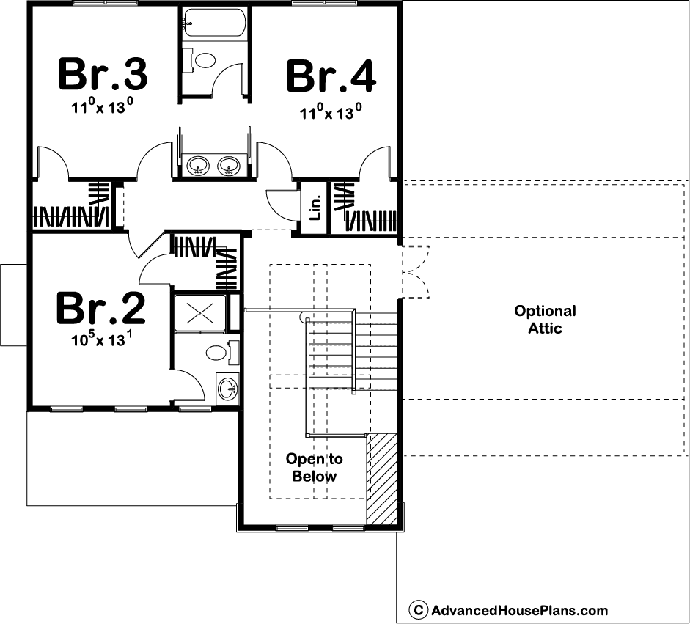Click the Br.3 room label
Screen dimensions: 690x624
(x=103, y=74)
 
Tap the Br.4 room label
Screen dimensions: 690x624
(x=331, y=77)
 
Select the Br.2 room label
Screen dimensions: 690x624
(x=100, y=308)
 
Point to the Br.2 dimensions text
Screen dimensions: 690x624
(x=102, y=339)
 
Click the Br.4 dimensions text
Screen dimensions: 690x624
(x=331, y=111)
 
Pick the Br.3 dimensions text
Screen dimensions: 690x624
(x=102, y=106)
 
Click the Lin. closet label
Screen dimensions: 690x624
(x=315, y=208)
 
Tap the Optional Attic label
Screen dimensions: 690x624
(x=545, y=320)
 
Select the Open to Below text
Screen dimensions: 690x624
(x=314, y=467)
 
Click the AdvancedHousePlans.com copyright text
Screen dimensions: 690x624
(x=509, y=610)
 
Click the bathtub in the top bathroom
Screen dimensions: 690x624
(x=214, y=22)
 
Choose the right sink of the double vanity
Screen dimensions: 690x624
(x=228, y=166)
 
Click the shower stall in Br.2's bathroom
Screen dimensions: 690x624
(x=200, y=313)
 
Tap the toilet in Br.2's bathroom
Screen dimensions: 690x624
(x=222, y=352)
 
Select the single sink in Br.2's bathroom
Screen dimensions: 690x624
(x=227, y=389)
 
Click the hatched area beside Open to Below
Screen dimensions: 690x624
(x=381, y=479)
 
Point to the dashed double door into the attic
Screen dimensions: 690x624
(x=416, y=272)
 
